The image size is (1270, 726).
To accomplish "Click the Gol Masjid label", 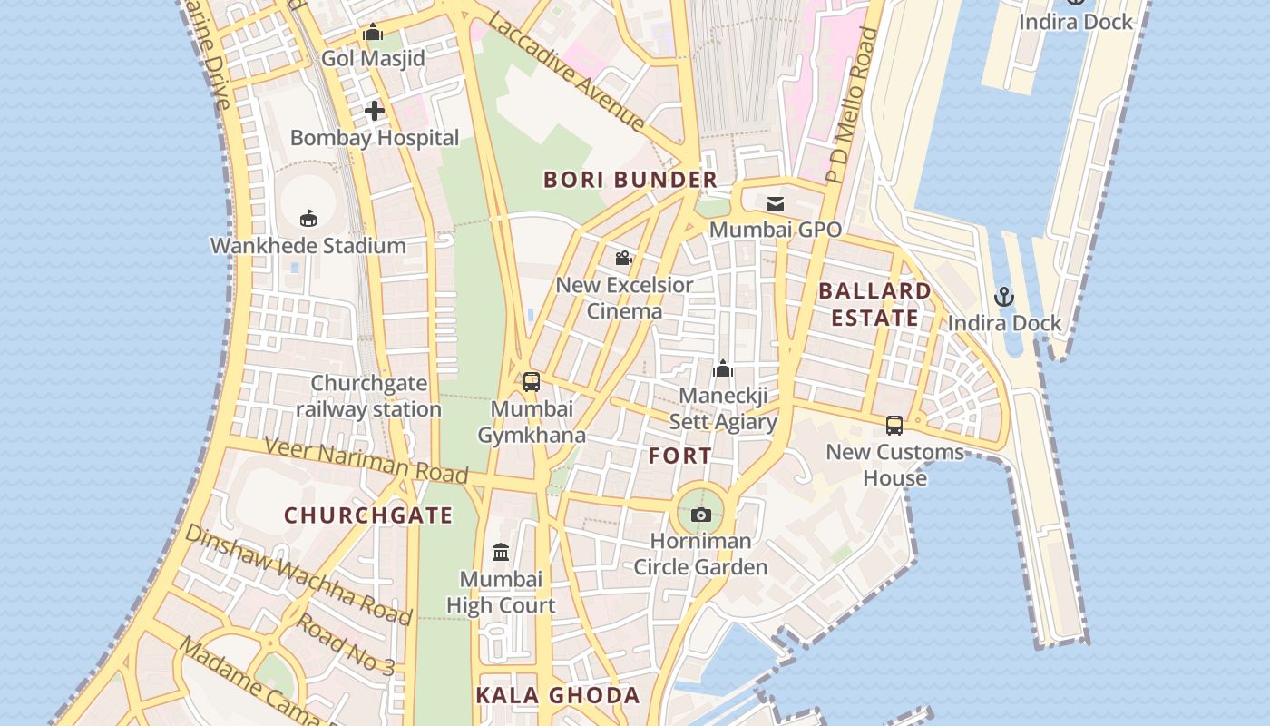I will [373, 59].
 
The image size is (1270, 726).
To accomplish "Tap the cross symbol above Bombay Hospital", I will [374, 112].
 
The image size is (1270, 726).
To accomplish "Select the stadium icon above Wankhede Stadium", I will [308, 218].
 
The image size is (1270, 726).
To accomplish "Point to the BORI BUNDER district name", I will [630, 180].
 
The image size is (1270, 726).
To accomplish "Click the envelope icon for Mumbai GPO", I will [776, 203].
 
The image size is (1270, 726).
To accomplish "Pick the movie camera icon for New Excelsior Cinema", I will [624, 259].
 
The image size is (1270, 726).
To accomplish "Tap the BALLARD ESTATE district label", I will [874, 304].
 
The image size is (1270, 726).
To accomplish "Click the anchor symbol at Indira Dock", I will [1004, 297].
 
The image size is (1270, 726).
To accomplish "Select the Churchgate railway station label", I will [369, 397].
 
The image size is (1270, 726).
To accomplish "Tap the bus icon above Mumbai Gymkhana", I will [532, 382].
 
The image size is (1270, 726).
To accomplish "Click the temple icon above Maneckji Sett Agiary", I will [723, 368].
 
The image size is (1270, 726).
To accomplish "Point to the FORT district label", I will [680, 456].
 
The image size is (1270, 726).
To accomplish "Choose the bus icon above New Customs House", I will [894, 425].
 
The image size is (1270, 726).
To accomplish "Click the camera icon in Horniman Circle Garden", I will [700, 515].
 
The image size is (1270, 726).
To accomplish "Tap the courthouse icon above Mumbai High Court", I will [501, 552].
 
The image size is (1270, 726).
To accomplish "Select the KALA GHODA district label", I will [558, 696].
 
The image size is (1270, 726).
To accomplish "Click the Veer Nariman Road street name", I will [366, 459].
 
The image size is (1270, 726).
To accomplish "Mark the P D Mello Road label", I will [852, 105].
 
